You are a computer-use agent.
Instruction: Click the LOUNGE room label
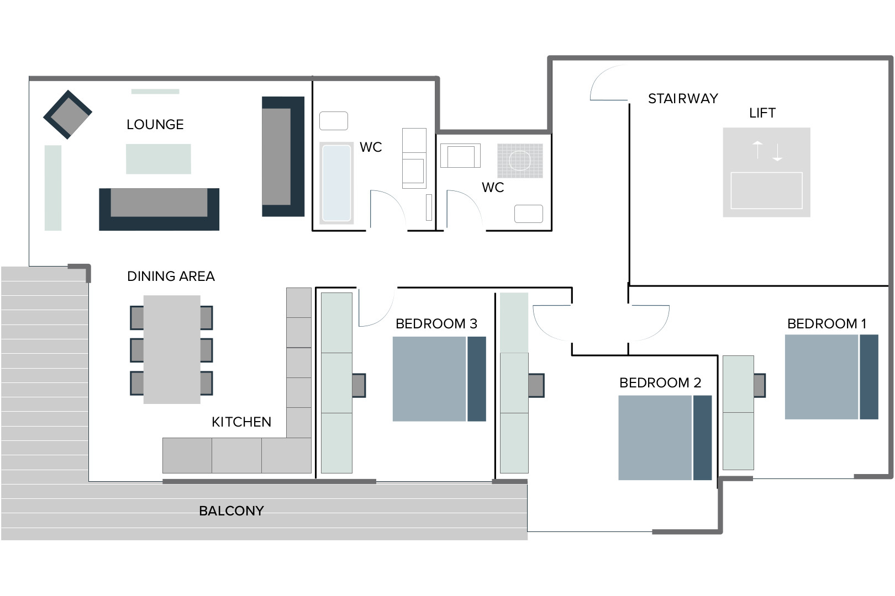[x=155, y=125]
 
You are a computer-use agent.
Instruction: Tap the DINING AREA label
[x=171, y=276]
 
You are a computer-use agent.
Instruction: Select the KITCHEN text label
[x=241, y=422]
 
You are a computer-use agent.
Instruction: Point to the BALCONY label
[x=231, y=511]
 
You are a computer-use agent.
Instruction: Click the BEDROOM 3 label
[x=436, y=324]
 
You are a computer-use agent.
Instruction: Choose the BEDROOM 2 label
[x=660, y=383]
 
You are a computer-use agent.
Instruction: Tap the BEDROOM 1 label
[x=826, y=324]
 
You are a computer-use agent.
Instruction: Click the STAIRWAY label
[x=683, y=99]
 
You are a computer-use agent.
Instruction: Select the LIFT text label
[x=762, y=113]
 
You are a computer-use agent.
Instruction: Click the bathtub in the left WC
[x=336, y=183]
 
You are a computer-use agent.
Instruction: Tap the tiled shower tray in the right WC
[x=520, y=161]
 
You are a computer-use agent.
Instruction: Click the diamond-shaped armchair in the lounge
[x=67, y=115]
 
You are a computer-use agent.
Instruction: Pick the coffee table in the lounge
[x=159, y=159]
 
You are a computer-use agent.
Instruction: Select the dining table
[x=172, y=349]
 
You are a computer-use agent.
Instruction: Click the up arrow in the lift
[x=757, y=150]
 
